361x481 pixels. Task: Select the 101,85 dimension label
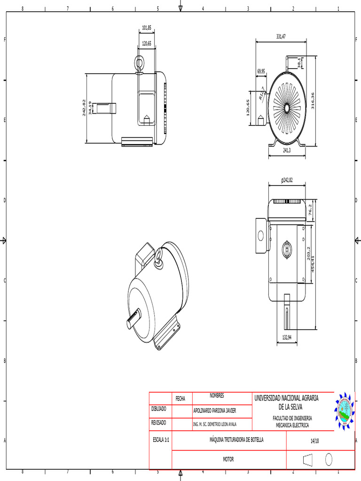(x=147, y=28)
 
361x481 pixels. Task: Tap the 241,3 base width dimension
(x=287, y=150)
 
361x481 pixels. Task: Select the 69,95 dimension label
(x=261, y=71)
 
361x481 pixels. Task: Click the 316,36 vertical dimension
(x=312, y=99)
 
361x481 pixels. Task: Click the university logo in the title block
(x=345, y=411)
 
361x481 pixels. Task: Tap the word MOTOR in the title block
(x=228, y=459)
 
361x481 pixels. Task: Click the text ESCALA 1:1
(x=160, y=441)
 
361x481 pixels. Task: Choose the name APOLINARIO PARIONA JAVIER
(x=215, y=411)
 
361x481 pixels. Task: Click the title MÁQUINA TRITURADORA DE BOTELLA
(x=236, y=440)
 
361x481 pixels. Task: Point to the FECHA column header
(x=180, y=398)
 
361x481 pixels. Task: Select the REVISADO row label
(x=158, y=423)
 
